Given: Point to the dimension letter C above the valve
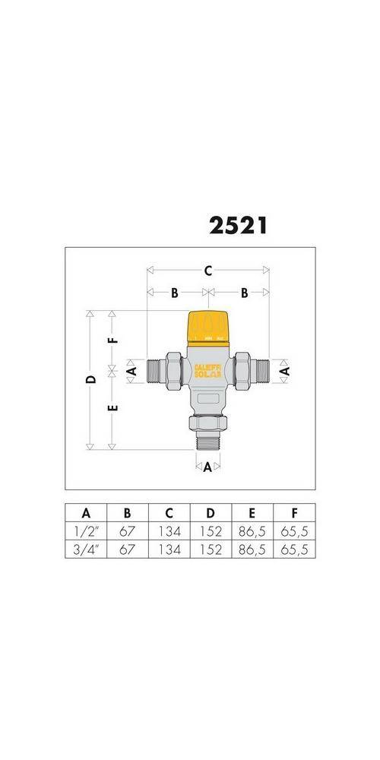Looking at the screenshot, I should pos(207,270).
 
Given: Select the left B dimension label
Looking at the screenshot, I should pos(174,292).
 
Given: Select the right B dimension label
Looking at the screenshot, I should pos(245,292).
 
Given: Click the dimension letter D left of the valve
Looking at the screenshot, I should pos(90,378).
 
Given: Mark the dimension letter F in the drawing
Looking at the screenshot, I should pos(112,339).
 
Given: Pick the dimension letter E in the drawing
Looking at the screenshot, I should pos(112,408).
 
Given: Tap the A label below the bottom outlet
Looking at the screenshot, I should pos(207,467).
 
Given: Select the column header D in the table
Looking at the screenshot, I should pos(211,513).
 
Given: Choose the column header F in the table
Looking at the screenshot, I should pos(293,513).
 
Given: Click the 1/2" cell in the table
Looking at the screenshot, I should pos(86,531).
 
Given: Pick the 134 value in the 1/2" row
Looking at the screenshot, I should pos(169,531).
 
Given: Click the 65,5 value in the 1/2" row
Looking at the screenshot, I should pos(293,531).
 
